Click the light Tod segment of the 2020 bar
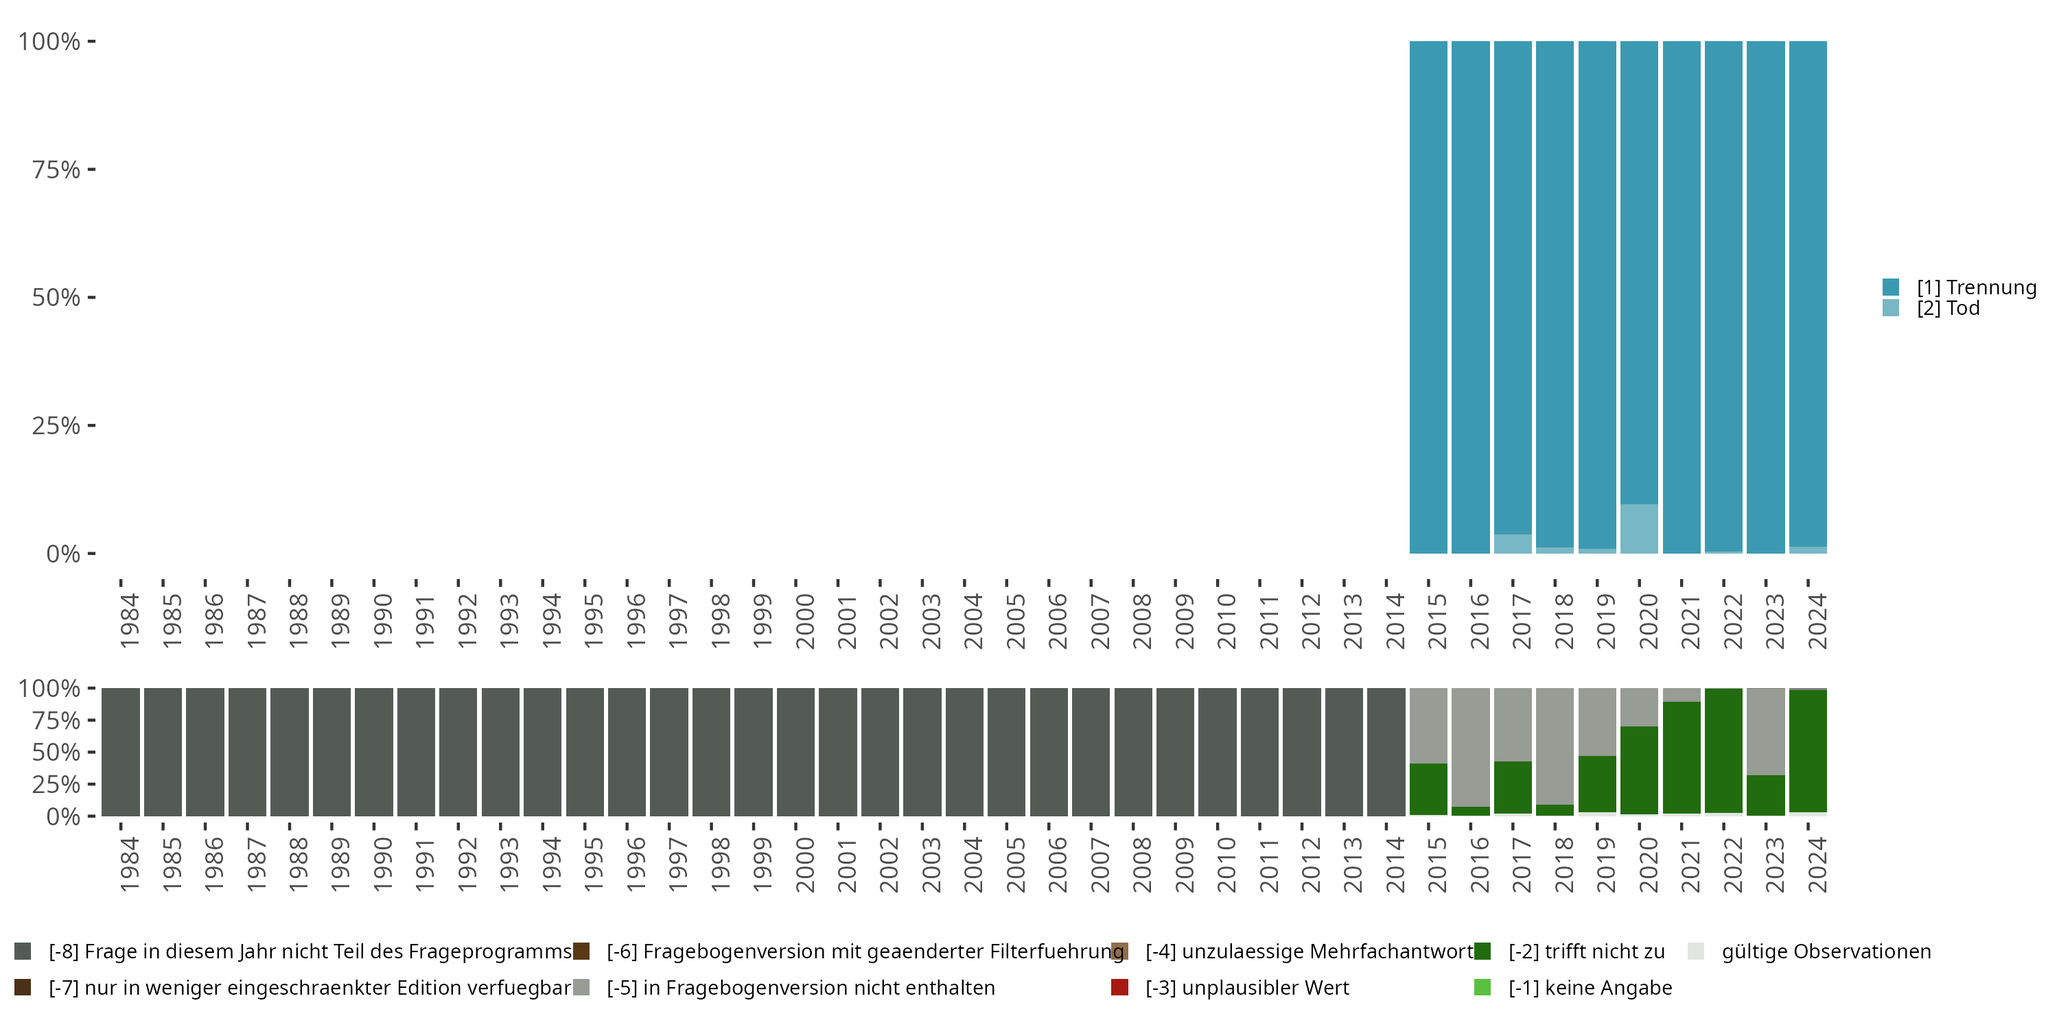coord(1638,528)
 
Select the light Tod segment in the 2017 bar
coord(1512,544)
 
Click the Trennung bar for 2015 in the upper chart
coord(1428,296)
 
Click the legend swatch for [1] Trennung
coord(1890,287)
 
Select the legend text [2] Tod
coord(1948,309)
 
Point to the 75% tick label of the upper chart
coord(56,169)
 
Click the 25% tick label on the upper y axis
coord(56,425)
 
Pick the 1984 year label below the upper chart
coord(129,621)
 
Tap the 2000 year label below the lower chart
coord(804,864)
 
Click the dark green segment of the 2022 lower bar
coord(1723,750)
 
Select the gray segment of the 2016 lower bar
coord(1470,747)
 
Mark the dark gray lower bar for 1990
coord(374,752)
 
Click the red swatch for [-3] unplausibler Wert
coord(1120,987)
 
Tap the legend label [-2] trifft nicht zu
coord(1586,951)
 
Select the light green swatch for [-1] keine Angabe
coord(1482,987)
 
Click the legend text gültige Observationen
coord(1826,951)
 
